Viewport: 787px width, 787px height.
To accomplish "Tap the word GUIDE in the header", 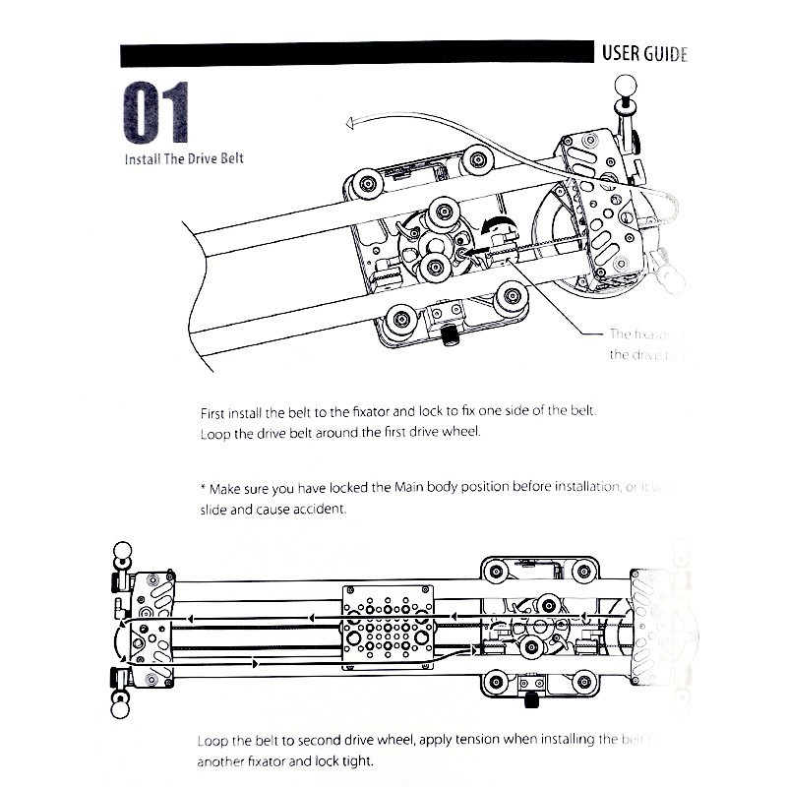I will point(666,54).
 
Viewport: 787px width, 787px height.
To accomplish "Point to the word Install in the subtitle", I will point(142,157).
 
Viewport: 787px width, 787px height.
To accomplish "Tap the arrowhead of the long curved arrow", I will point(348,123).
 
